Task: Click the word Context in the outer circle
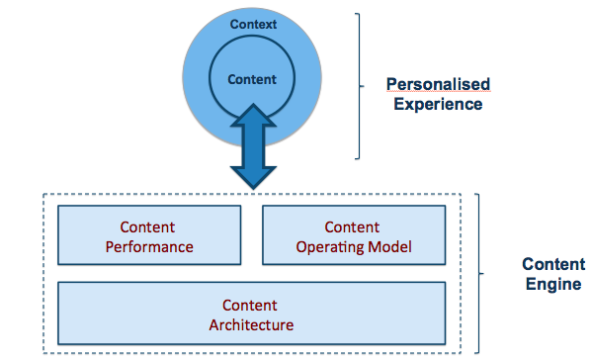pyautogui.click(x=253, y=22)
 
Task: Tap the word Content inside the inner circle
pyautogui.click(x=253, y=79)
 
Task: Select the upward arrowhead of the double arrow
pyautogui.click(x=253, y=116)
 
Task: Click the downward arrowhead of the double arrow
pyautogui.click(x=253, y=176)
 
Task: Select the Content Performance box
pyautogui.click(x=148, y=236)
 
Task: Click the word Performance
pyautogui.click(x=148, y=246)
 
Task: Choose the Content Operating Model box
pyautogui.click(x=353, y=236)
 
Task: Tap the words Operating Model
pyautogui.click(x=353, y=246)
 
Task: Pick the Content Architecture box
pyautogui.click(x=251, y=314)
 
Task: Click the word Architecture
pyautogui.click(x=251, y=323)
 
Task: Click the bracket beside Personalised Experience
pyautogui.click(x=358, y=86)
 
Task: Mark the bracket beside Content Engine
pyautogui.click(x=480, y=274)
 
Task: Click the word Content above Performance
pyautogui.click(x=148, y=227)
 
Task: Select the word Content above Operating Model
pyautogui.click(x=353, y=227)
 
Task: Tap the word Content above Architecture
pyautogui.click(x=251, y=305)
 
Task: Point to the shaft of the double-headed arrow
pyautogui.click(x=253, y=146)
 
